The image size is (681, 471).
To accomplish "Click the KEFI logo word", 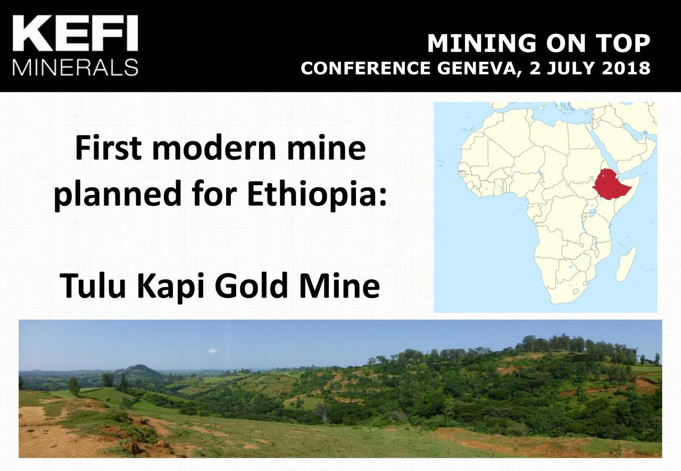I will coord(75,35).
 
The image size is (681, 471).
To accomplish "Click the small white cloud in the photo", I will coord(213,351).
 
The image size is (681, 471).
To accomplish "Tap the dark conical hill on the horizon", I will coord(139,371).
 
